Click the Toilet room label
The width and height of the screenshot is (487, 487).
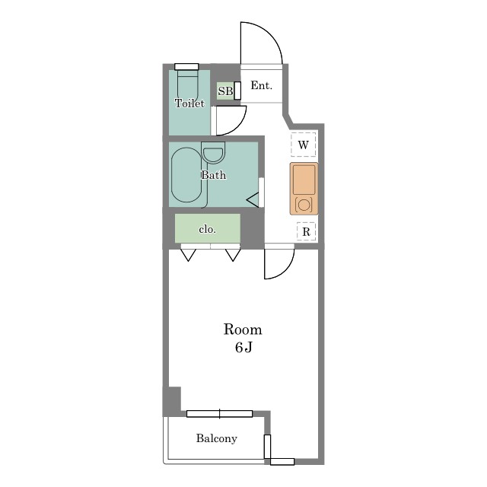tap(189, 103)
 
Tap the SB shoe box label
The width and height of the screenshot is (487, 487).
tap(225, 91)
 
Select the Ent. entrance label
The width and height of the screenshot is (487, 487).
tap(262, 85)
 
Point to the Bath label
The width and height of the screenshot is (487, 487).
tap(213, 175)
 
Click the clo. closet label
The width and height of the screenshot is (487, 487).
tap(207, 229)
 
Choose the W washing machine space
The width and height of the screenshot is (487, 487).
tap(304, 145)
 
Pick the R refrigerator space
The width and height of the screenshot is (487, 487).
tap(306, 231)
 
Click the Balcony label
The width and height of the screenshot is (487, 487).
tap(217, 438)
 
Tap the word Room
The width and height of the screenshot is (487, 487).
tap(243, 329)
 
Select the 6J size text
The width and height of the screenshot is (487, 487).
tap(243, 347)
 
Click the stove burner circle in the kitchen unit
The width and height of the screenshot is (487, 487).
tap(304, 205)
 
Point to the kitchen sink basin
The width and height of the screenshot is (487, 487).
tap(304, 180)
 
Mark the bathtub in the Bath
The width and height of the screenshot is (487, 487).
tap(186, 175)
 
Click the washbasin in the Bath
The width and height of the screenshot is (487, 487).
tap(213, 153)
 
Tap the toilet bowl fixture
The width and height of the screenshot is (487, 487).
tap(188, 84)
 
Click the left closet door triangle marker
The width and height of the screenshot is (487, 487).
tap(188, 255)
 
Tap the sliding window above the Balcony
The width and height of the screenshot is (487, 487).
tap(220, 414)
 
